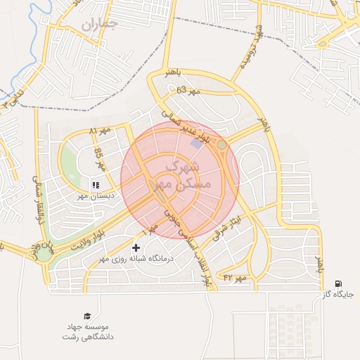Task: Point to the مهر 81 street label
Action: click(101, 131)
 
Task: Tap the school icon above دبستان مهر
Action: click(95, 186)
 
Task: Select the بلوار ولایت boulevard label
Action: click(91, 237)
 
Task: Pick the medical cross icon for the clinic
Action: click(136, 247)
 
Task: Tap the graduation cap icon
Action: click(86, 316)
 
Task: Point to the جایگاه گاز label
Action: click(341, 295)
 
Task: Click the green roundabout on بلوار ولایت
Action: click(44, 254)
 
